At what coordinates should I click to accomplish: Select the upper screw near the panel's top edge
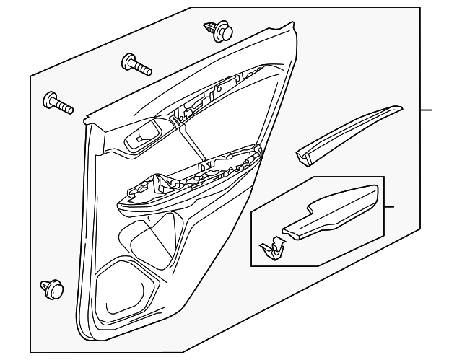[x=137, y=64]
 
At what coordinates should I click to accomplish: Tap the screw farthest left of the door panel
[x=58, y=102]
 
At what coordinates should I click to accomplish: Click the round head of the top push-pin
[x=226, y=33]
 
